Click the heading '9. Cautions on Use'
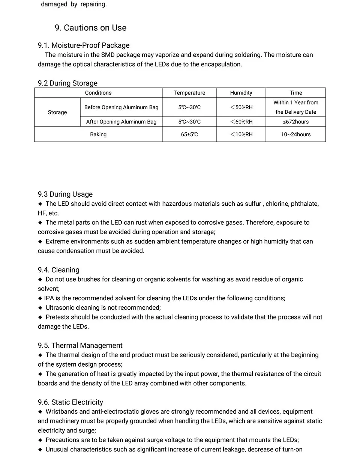[90, 28]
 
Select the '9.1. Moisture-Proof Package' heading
[84, 45]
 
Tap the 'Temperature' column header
[189, 93]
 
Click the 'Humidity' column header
[241, 93]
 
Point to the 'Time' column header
[296, 93]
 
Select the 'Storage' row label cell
[57, 112]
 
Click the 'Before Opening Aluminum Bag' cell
[121, 107]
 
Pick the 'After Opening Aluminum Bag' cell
[121, 122]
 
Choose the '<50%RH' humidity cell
[241, 107]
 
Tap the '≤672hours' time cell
[296, 122]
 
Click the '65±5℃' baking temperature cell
[189, 134]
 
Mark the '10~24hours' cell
[296, 134]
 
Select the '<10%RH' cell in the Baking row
[241, 134]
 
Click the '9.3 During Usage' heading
[65, 194]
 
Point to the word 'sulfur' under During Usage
[253, 204]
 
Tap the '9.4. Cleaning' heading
[58, 270]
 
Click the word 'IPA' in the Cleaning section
[49, 298]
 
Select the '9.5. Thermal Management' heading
[80, 346]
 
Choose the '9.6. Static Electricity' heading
[70, 402]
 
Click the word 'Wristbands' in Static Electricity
[62, 412]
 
